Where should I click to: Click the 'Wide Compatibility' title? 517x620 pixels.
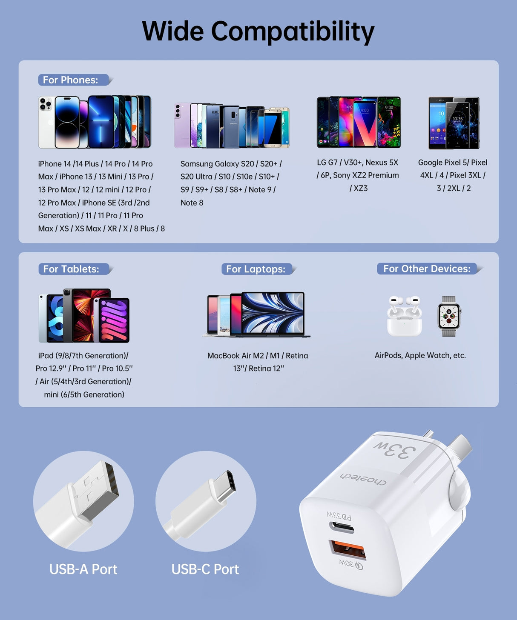click(258, 31)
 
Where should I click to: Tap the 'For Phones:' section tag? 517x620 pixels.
click(71, 80)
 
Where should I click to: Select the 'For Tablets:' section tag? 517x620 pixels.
click(71, 269)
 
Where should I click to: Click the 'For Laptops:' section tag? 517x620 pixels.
click(256, 269)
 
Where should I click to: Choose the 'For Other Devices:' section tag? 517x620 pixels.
click(427, 269)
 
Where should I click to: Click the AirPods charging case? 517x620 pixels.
click(404, 317)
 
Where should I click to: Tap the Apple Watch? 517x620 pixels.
click(449, 316)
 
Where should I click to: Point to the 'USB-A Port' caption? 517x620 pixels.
click(83, 569)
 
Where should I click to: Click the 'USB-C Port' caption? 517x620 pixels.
click(205, 569)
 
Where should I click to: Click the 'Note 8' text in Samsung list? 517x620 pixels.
click(192, 203)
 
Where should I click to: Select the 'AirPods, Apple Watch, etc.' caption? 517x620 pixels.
click(420, 355)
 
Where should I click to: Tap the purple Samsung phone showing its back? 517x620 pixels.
click(182, 125)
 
